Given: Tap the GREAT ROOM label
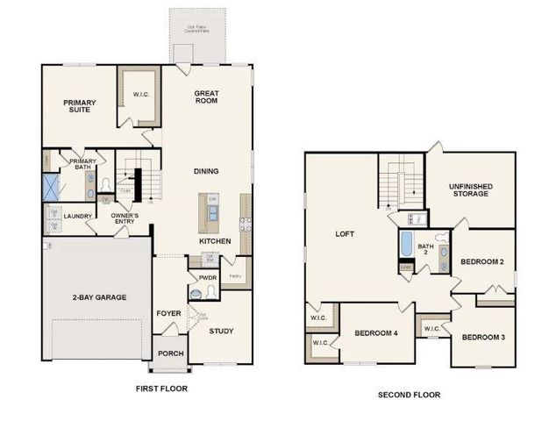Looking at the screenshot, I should (206, 97).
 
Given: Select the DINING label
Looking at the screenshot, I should (206, 171).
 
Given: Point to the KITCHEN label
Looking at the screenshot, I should (215, 240).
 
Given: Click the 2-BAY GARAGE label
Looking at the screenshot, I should (99, 297).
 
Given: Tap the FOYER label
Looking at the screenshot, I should (168, 312).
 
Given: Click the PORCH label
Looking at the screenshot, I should (170, 353).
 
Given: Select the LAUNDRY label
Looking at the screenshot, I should (77, 216).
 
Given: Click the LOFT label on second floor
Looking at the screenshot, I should (344, 234).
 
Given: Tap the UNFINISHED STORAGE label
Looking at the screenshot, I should (470, 190).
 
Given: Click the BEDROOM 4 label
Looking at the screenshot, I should (375, 333).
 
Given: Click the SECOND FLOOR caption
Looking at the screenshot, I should (409, 395).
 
